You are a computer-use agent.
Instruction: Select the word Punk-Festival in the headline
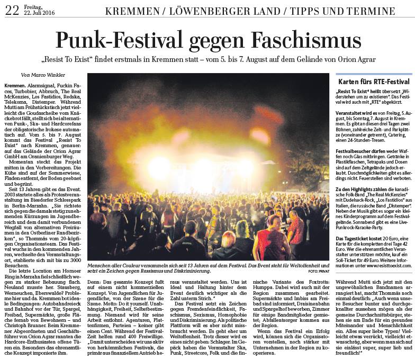pos(118,40)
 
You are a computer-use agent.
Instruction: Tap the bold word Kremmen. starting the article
pos(14,85)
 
